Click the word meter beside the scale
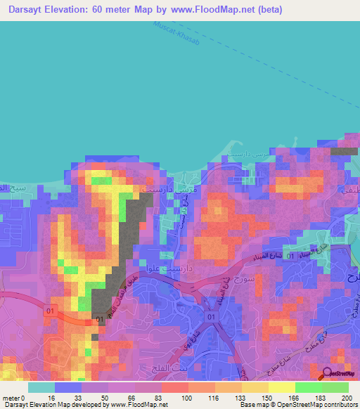tap(12, 398)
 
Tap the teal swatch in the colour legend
tap(41, 387)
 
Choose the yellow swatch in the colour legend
tap(282, 387)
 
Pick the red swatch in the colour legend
tap(174, 387)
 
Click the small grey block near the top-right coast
tap(344, 150)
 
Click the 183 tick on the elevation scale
tap(322, 398)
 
